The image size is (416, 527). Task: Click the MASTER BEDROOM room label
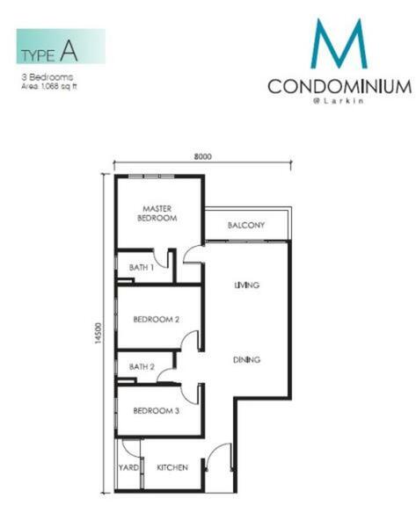click(x=157, y=213)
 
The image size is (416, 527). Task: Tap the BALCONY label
click(x=246, y=225)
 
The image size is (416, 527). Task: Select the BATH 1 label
click(x=142, y=268)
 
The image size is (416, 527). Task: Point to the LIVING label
click(x=247, y=285)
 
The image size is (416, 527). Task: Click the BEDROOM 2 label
click(x=157, y=319)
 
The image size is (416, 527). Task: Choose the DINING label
click(x=247, y=359)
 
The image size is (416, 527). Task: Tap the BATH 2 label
click(x=142, y=366)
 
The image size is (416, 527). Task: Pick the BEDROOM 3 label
click(x=157, y=411)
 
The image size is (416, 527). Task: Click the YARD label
click(x=128, y=467)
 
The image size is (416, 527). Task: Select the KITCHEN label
click(x=172, y=467)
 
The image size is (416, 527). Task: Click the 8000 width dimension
click(x=202, y=156)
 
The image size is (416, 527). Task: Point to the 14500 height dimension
click(x=98, y=333)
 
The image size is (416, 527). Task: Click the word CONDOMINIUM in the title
click(x=339, y=86)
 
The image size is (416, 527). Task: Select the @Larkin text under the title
click(x=339, y=101)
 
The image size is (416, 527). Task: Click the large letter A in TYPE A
click(x=69, y=51)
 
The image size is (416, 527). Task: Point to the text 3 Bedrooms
click(x=47, y=77)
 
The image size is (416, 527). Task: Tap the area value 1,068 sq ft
click(x=59, y=86)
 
